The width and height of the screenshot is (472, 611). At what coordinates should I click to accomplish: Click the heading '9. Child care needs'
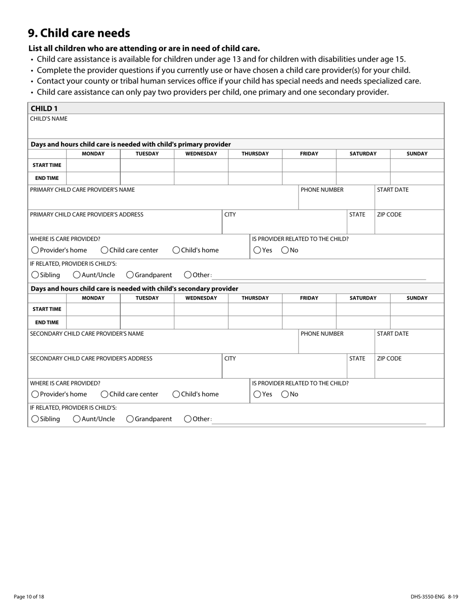(x=79, y=33)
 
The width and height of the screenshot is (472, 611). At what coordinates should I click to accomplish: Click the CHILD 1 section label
(x=44, y=108)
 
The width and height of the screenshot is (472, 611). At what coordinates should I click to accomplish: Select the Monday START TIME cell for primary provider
(x=93, y=165)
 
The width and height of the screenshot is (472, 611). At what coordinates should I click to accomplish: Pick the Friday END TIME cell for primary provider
(x=309, y=178)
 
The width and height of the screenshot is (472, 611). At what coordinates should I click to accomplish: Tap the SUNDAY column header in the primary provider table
(x=417, y=153)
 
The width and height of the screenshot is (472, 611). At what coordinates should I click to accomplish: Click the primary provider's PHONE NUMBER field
(x=336, y=201)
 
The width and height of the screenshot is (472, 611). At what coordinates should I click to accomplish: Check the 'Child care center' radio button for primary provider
(x=105, y=250)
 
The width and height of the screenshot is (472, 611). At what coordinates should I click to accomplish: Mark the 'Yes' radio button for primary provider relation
(x=257, y=250)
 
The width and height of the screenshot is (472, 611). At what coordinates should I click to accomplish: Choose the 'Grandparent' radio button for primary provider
(x=130, y=275)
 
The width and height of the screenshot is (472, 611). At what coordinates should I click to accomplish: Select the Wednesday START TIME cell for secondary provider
(x=201, y=309)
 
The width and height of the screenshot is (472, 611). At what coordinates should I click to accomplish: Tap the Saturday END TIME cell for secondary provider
(x=363, y=322)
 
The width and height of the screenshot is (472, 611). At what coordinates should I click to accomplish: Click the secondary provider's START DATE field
(x=409, y=345)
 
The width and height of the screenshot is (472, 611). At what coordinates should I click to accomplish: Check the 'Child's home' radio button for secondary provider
(x=176, y=394)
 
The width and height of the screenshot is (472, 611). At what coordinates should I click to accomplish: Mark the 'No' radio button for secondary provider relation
(x=285, y=394)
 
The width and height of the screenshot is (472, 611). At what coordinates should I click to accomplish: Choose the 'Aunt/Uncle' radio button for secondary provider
(x=77, y=419)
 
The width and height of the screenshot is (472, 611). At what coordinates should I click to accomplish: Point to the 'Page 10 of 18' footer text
(x=29, y=597)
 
